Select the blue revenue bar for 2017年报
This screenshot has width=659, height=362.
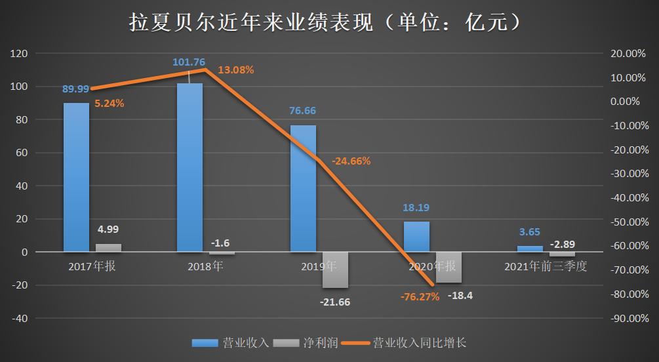(x=76, y=177)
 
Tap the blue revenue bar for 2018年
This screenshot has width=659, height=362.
(x=190, y=167)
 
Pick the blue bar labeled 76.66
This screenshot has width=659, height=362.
(x=303, y=188)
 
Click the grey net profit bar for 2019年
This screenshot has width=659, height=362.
(x=335, y=270)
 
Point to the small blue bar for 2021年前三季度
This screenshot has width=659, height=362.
(x=530, y=249)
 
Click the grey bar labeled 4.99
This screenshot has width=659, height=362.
(x=108, y=248)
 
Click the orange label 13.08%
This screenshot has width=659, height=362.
(x=235, y=70)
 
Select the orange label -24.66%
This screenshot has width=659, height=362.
(x=351, y=161)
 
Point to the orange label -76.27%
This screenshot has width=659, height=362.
(x=420, y=296)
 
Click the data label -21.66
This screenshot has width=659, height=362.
(x=335, y=302)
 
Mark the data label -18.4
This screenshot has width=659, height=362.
(x=460, y=296)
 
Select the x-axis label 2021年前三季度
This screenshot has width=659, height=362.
(x=546, y=267)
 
